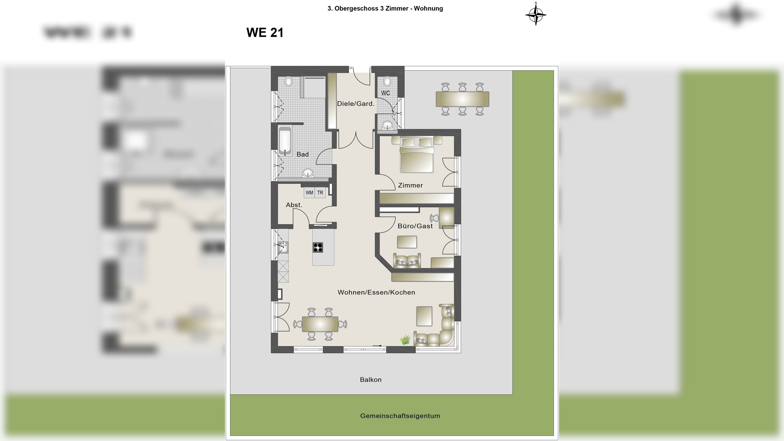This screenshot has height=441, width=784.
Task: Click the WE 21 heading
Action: point(265,33)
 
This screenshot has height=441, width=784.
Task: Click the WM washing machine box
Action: point(309,193)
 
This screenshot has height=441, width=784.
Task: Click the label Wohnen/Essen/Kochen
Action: point(376,292)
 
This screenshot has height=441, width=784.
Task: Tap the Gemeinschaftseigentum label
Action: point(400,416)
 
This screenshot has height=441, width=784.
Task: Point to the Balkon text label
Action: point(370,380)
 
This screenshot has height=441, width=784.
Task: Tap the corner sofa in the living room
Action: point(438,332)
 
